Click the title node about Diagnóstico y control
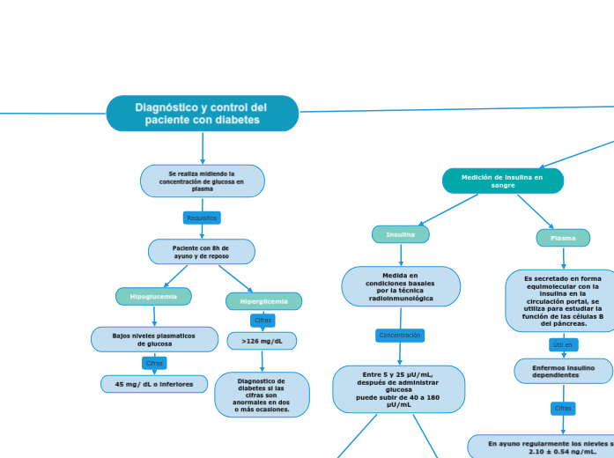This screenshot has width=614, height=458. tap(203, 114)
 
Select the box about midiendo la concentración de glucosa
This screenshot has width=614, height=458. tap(203, 181)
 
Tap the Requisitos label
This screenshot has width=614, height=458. tap(202, 218)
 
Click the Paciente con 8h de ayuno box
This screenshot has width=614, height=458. tap(202, 252)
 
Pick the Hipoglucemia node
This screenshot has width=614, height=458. tap(154, 297)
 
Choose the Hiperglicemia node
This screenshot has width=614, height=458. tap(263, 301)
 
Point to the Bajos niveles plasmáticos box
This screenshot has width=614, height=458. tap(155, 339)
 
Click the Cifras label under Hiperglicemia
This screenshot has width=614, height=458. tap(263, 320)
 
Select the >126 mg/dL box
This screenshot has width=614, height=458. tap(263, 341)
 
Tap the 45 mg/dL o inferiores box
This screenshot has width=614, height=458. tap(154, 384)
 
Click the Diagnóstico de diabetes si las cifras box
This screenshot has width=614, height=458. tap(262, 395)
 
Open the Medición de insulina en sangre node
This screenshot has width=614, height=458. tap(502, 181)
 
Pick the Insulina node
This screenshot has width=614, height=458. tap(401, 234)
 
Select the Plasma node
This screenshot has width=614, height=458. tap(563, 238)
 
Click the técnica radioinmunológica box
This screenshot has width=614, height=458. tap(401, 287)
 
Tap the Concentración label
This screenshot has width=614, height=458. tap(400, 336)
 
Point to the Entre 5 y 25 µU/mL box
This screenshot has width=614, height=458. tap(399, 388)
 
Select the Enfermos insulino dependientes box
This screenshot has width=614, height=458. tap(563, 371)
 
